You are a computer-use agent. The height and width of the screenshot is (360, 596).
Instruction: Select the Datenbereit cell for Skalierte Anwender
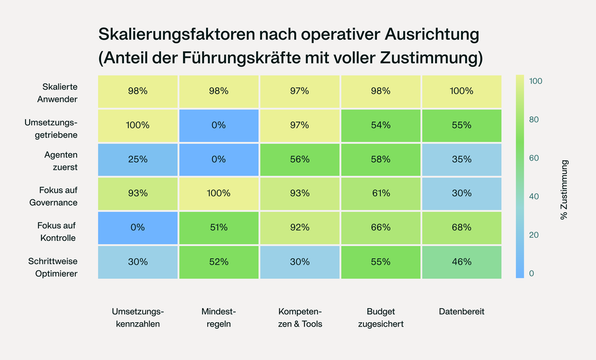pos(462,91)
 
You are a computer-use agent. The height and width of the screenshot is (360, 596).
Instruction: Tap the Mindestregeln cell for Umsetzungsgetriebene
pos(218,125)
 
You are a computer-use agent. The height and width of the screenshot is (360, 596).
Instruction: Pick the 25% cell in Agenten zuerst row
pos(137,159)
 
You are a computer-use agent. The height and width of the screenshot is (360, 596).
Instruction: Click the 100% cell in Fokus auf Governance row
pos(218,193)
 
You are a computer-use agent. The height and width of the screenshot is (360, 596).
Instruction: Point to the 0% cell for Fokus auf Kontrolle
pos(137,227)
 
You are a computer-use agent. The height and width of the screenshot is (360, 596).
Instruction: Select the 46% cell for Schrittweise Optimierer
pos(462,261)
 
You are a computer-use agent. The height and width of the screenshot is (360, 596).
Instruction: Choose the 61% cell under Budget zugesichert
pos(381,193)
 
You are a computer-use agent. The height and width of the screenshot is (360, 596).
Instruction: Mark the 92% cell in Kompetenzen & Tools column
pos(299,227)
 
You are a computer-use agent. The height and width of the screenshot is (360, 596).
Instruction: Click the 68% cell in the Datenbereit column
pos(462,227)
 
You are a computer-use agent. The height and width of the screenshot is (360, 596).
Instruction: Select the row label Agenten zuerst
pos(61,161)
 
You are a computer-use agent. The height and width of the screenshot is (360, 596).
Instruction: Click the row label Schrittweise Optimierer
pos(53,268)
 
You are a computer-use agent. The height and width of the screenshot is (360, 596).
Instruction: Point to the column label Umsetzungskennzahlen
pos(137,317)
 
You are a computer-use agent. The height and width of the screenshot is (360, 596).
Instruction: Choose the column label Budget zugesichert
pos(381,317)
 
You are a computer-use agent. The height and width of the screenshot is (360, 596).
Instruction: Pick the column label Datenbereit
pos(462,311)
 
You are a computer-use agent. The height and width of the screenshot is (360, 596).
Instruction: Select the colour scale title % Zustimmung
pos(564,190)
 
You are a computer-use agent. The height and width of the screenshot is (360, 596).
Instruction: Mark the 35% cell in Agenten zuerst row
pos(462,159)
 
